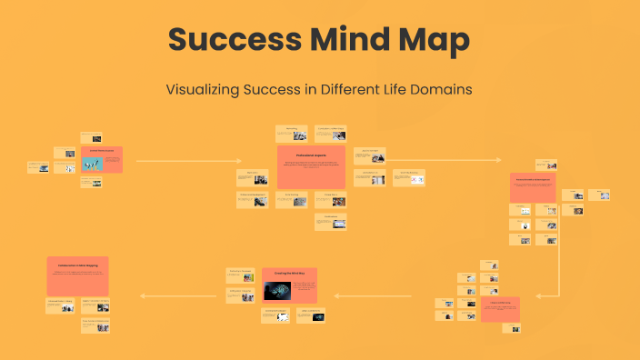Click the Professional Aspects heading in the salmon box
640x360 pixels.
pyautogui.click(x=311, y=155)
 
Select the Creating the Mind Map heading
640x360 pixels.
pyautogui.click(x=289, y=272)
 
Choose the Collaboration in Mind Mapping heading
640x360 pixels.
pyautogui.click(x=77, y=265)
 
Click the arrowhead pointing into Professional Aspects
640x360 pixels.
pyautogui.click(x=240, y=161)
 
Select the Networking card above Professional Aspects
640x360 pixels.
pyautogui.click(x=291, y=133)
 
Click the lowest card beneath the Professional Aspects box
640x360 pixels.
pyautogui.click(x=330, y=221)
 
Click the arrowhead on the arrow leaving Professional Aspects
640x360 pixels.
pyautogui.click(x=498, y=161)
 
